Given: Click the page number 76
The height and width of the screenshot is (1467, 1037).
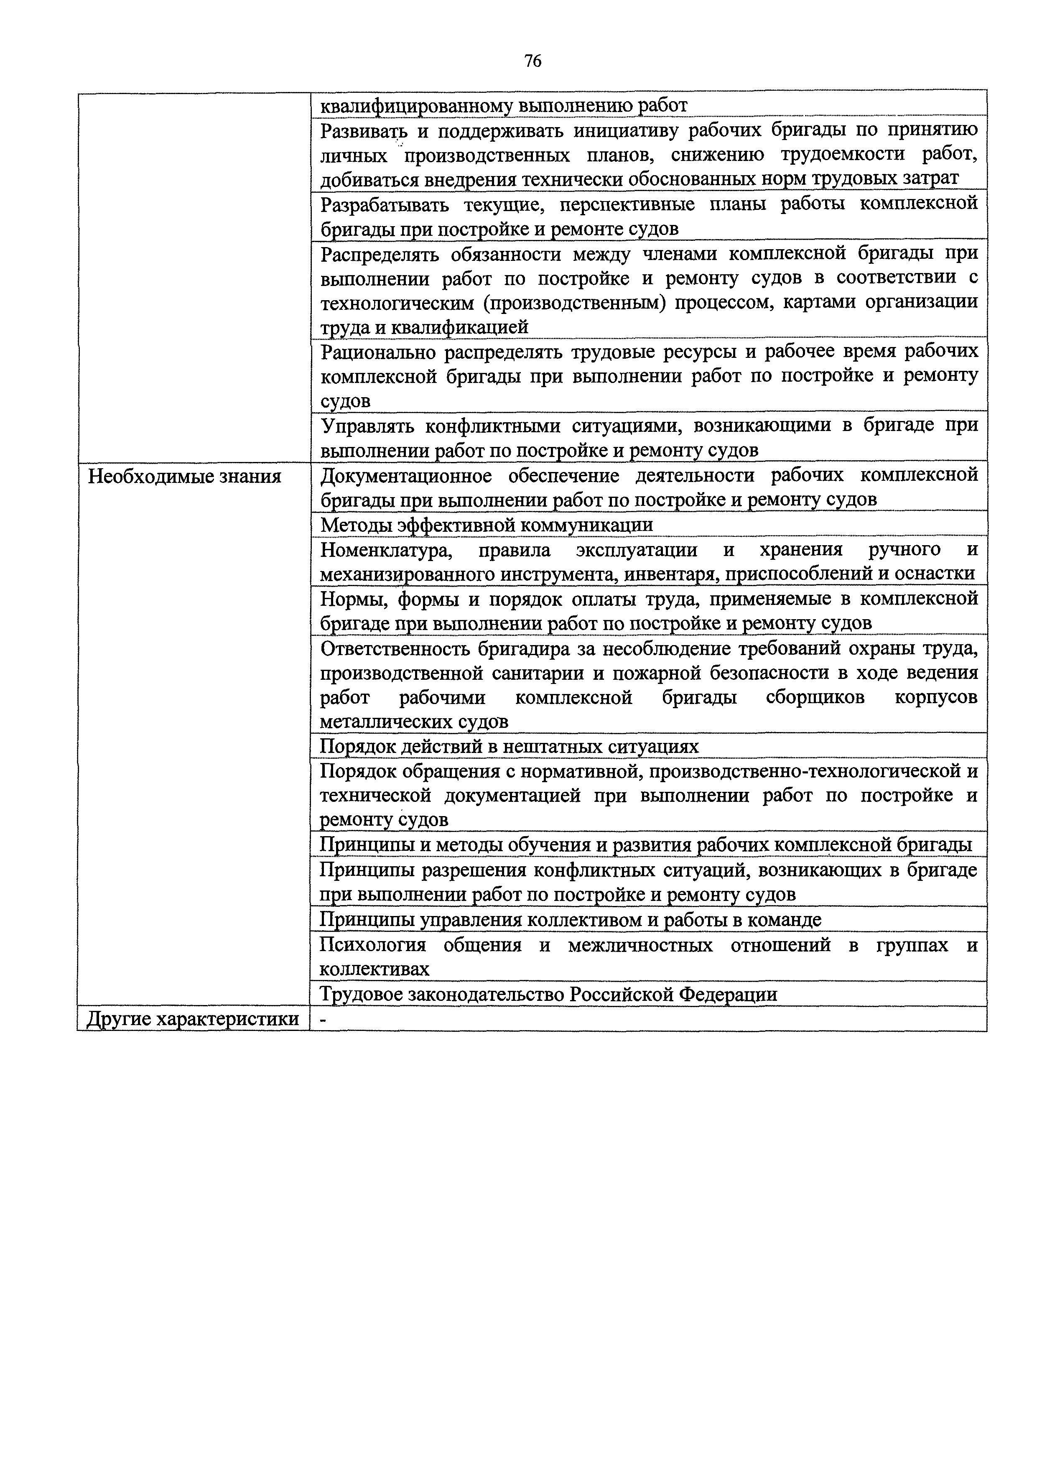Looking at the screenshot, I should [x=532, y=61].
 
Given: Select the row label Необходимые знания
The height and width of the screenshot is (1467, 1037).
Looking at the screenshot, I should [x=184, y=477].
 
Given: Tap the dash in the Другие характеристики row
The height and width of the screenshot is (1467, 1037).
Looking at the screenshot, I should [x=323, y=1020].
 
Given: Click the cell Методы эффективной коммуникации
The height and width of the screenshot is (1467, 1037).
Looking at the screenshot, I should [x=486, y=525].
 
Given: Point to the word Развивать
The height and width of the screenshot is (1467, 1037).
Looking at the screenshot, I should [x=363, y=131].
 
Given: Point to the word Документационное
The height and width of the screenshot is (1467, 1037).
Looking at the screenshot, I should [x=406, y=476].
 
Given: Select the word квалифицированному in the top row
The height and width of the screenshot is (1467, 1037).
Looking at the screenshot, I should [x=416, y=105].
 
